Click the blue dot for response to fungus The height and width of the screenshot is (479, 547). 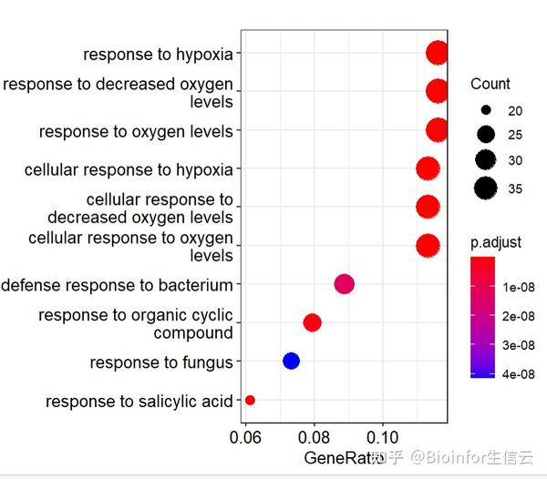click(291, 361)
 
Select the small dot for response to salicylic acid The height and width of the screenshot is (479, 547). click(250, 400)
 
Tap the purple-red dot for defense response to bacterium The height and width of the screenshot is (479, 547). click(345, 284)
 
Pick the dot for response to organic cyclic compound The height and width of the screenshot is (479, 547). click(312, 322)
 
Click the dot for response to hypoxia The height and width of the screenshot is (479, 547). click(437, 53)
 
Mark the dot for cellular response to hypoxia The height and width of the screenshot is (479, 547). click(428, 168)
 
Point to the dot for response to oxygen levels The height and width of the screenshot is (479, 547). click(437, 130)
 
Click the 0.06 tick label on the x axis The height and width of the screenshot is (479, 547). click(245, 437)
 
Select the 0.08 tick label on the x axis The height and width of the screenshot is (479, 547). click(314, 437)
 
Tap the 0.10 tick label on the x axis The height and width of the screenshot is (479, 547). click(382, 437)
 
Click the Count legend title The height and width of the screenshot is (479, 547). click(490, 84)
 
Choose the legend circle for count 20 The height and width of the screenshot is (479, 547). click(486, 110)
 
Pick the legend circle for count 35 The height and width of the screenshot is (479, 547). click(486, 189)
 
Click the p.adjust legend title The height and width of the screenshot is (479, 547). click(496, 242)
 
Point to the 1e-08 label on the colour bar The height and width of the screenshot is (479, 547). click(519, 287)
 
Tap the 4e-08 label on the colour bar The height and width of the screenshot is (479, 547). click(519, 374)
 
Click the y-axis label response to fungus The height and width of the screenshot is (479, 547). click(161, 362)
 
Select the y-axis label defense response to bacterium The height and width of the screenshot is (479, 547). click(117, 285)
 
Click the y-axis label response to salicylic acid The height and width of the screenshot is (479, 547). click(139, 402)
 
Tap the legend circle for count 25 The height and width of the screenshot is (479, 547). click(486, 134)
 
